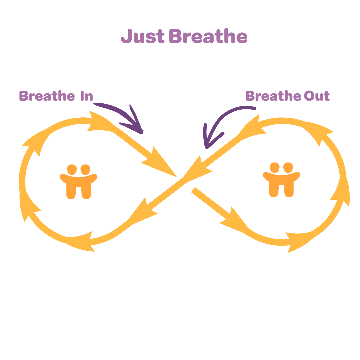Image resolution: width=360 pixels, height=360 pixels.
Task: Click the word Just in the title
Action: (x=142, y=37)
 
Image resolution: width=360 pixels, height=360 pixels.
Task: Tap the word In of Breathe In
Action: (x=86, y=96)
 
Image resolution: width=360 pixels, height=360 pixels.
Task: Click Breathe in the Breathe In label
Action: (x=47, y=96)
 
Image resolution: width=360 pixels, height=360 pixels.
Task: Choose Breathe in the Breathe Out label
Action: (x=273, y=96)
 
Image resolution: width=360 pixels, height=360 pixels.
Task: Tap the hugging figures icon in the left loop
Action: (x=79, y=182)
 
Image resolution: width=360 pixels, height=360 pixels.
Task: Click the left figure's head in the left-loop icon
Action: (x=72, y=170)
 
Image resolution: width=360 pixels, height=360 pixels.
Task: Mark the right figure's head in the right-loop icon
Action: (x=288, y=167)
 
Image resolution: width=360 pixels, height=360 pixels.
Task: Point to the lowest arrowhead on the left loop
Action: (x=82, y=242)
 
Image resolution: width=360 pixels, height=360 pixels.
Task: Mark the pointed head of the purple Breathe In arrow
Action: (x=138, y=128)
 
